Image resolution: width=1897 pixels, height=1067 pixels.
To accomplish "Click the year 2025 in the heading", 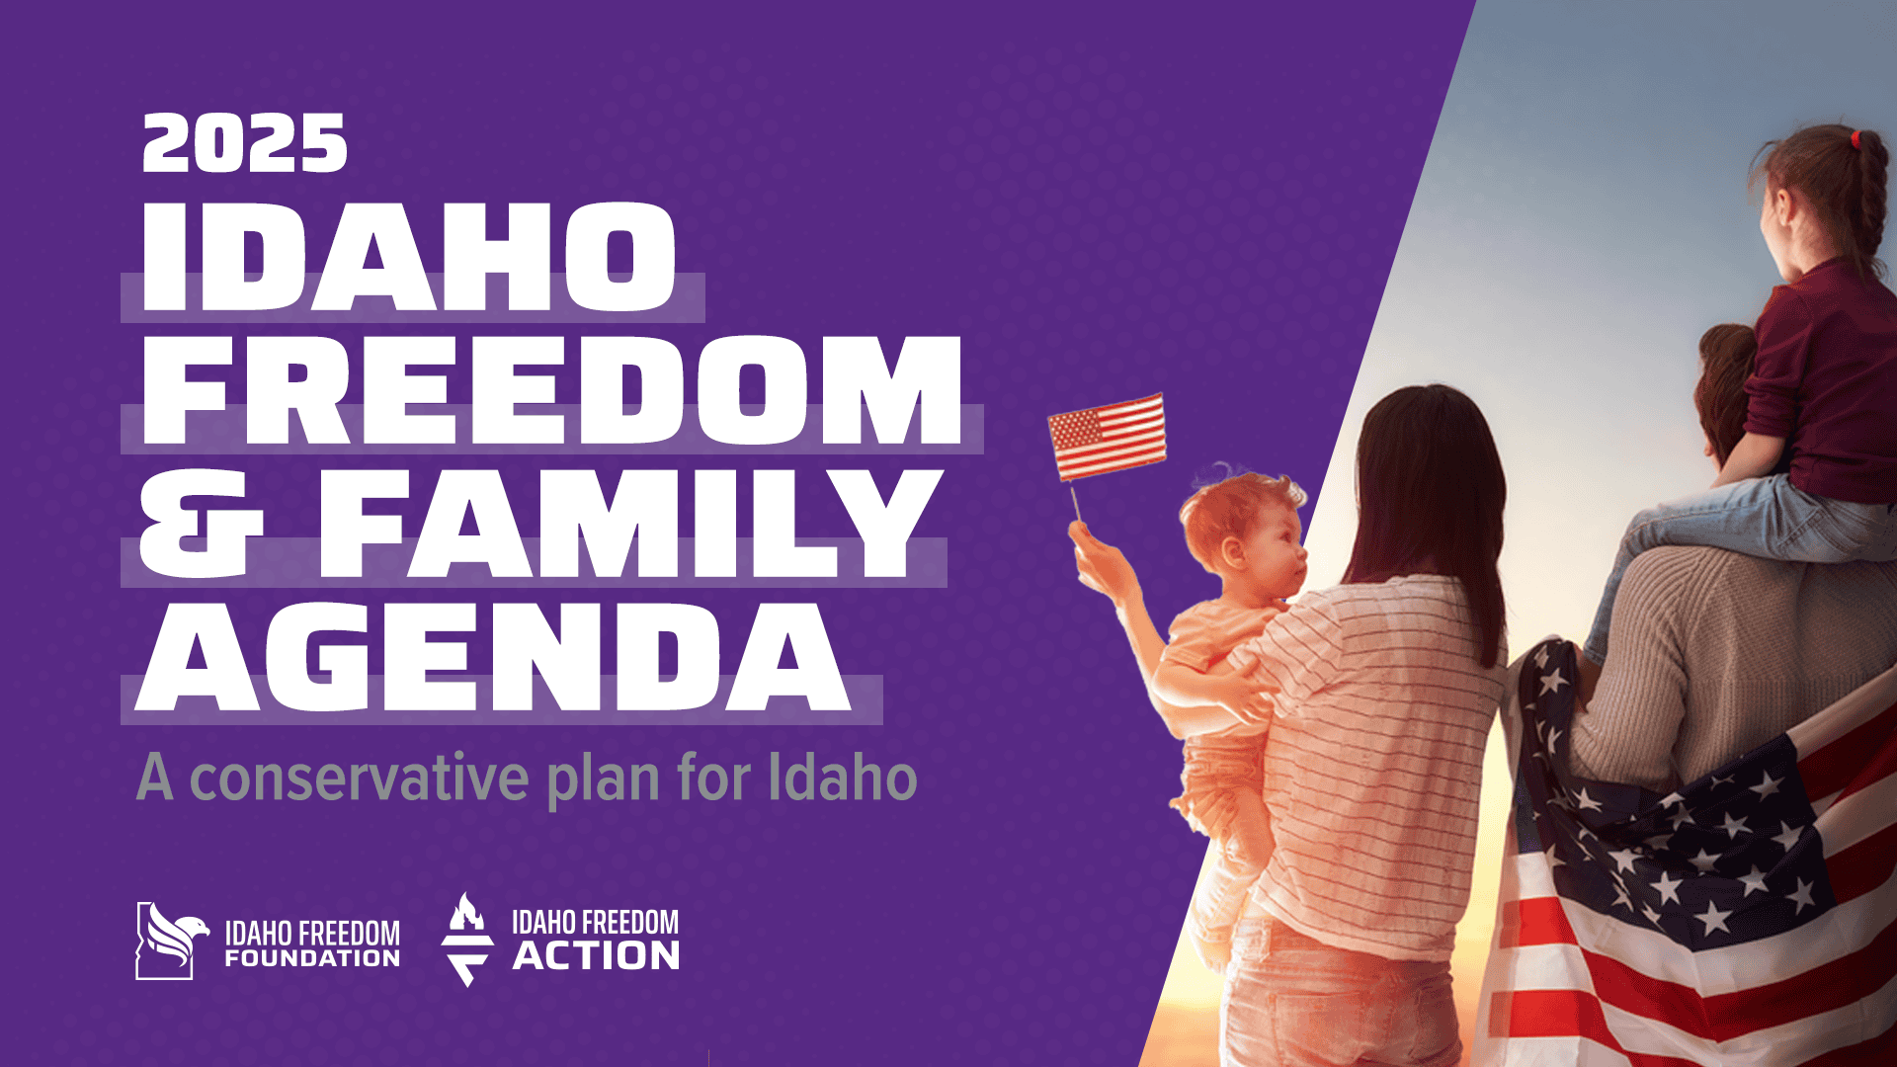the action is click(x=245, y=143).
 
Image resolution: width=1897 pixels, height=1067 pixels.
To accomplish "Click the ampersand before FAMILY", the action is click(x=201, y=523).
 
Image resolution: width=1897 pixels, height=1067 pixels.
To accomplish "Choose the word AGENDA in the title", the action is click(x=493, y=656).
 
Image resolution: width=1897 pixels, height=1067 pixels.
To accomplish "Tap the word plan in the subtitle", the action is click(x=604, y=781).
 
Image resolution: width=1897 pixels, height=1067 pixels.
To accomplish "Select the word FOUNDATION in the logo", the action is click(x=312, y=957).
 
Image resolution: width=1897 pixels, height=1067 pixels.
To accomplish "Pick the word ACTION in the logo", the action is click(x=596, y=955).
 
